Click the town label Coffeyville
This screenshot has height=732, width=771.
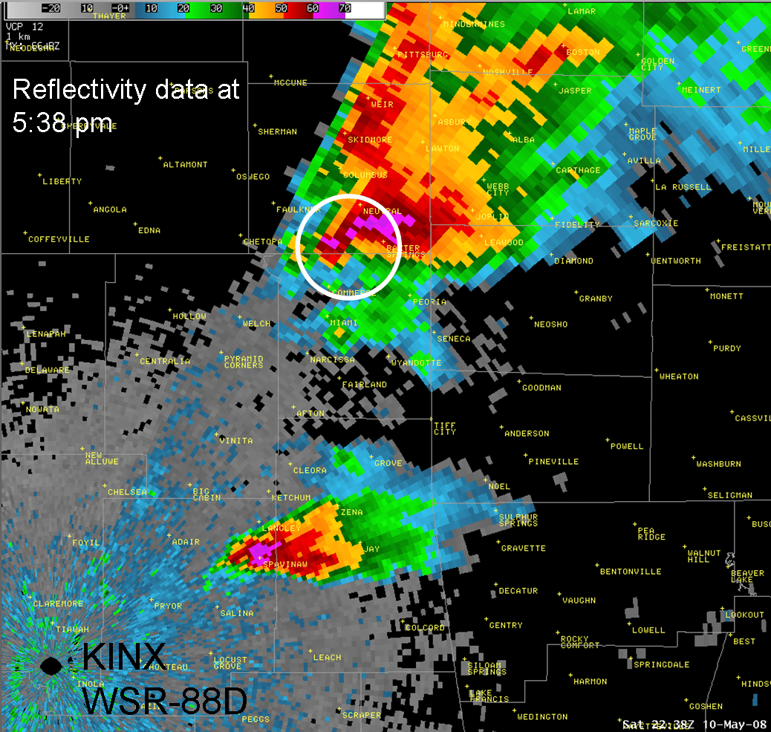[59, 240]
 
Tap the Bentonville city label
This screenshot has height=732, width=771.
[631, 572]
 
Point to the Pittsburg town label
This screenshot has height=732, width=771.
[423, 55]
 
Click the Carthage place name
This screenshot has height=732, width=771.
[578, 171]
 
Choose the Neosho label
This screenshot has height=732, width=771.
[550, 324]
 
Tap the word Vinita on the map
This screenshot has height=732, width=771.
[236, 441]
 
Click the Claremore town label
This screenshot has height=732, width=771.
[57, 604]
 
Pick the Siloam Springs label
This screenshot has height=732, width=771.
[487, 668]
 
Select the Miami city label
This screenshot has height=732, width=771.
[344, 323]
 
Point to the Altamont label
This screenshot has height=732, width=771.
[185, 165]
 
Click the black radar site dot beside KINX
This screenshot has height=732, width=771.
[51, 665]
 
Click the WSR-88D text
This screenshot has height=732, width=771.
[163, 700]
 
